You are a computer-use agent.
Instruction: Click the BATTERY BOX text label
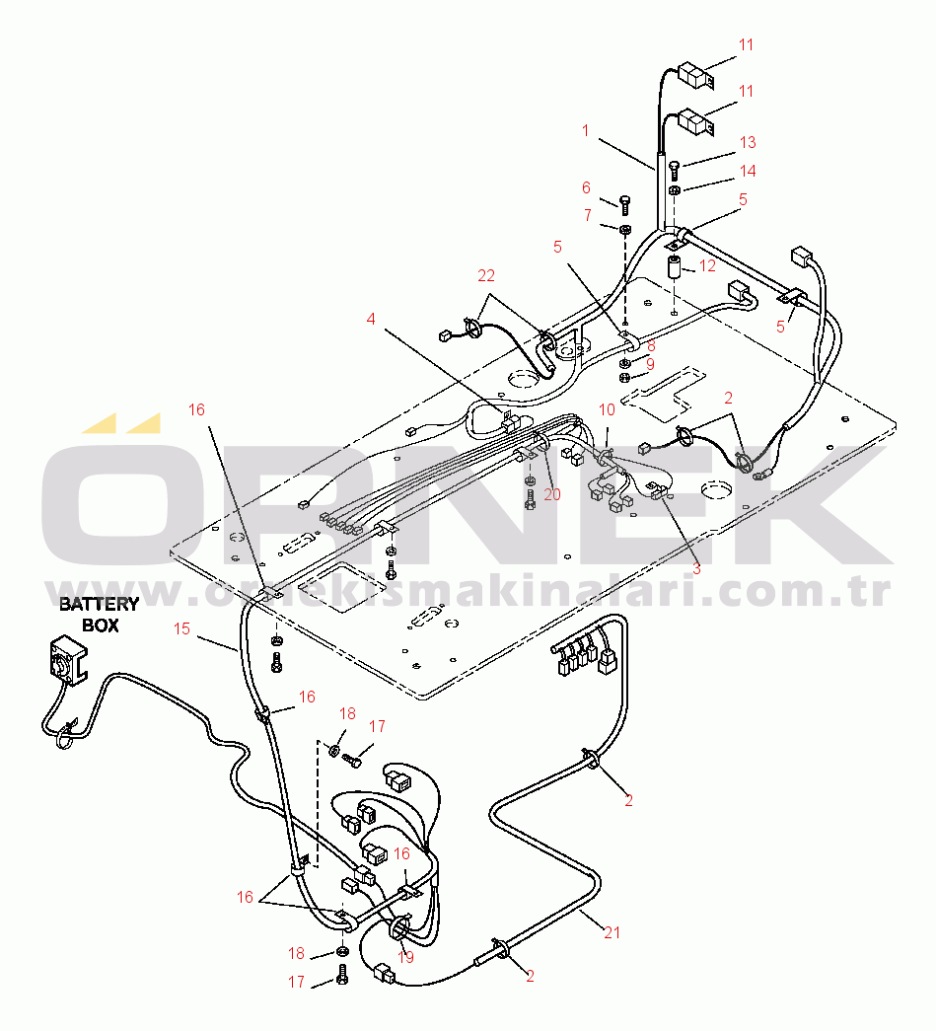coord(99,614)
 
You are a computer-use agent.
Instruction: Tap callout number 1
coord(585,129)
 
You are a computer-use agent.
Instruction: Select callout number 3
coord(695,568)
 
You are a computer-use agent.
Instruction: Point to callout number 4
coord(371,319)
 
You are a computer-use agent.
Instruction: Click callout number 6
coord(586,187)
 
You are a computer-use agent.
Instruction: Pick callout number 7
coord(587,214)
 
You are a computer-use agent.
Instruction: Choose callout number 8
coord(650,346)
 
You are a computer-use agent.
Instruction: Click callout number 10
coord(607,408)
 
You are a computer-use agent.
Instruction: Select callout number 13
coord(747,142)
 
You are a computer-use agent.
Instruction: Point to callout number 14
coord(747,171)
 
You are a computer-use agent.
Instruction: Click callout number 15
coord(181,627)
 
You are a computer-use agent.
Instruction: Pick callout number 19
coord(405,957)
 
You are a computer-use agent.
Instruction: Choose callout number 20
coord(551,493)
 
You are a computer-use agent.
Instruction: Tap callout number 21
coord(612,930)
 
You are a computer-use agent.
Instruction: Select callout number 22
coord(486,275)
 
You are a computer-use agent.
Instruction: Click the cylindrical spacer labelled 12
coord(676,268)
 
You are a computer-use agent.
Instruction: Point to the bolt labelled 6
coord(625,205)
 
